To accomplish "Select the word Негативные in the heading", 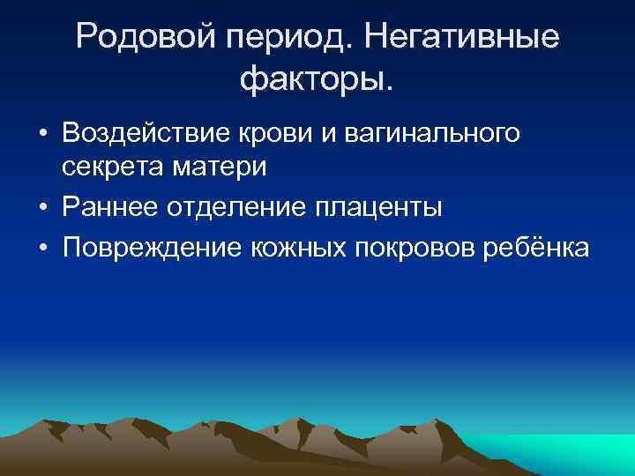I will click(460, 37).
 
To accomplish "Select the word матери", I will click(208, 166).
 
